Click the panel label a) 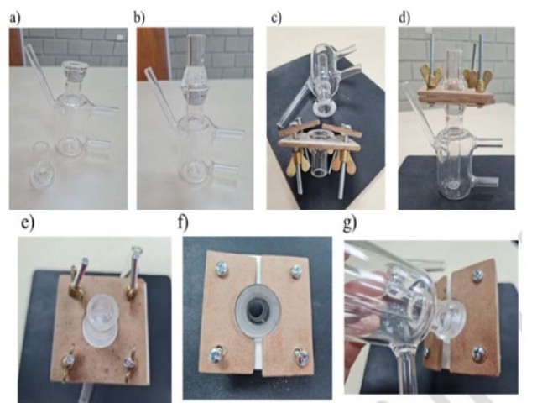coord(15,18)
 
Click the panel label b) coord(138,17)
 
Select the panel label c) coord(276,17)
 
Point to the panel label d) coord(404,17)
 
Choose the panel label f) coord(183,222)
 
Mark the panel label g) coord(350,223)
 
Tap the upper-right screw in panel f coord(296,271)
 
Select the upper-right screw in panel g coord(477,275)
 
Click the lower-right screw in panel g coord(478,353)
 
